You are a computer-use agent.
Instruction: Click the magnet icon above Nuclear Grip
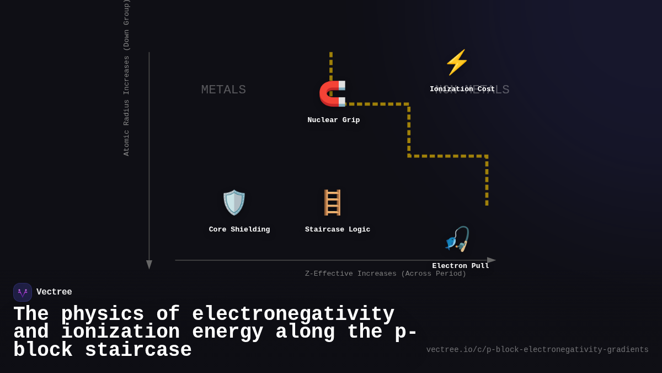point(333,93)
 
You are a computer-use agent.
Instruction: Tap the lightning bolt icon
point(456,62)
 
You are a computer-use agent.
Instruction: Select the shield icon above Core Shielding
point(234,202)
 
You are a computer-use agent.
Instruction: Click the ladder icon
point(332,202)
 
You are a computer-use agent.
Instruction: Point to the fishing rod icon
point(457,239)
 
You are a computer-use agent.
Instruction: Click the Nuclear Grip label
point(333,120)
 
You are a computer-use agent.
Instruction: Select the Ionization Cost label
point(462,89)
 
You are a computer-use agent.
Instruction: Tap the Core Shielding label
point(239,229)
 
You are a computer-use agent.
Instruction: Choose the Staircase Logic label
point(338,229)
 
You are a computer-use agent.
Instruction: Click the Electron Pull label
point(461,266)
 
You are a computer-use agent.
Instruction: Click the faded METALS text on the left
point(223,90)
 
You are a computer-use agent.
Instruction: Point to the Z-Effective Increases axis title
point(386,274)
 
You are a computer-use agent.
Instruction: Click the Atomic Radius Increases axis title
point(126,77)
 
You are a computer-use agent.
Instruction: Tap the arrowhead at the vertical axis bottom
point(149,265)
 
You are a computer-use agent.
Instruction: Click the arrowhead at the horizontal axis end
point(491,260)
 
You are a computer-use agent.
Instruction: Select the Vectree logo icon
point(23,292)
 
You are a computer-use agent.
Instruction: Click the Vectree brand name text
point(54,292)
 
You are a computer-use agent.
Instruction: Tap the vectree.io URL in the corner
point(537,350)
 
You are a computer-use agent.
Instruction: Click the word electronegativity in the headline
point(293,314)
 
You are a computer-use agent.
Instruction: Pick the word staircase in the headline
point(138,350)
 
